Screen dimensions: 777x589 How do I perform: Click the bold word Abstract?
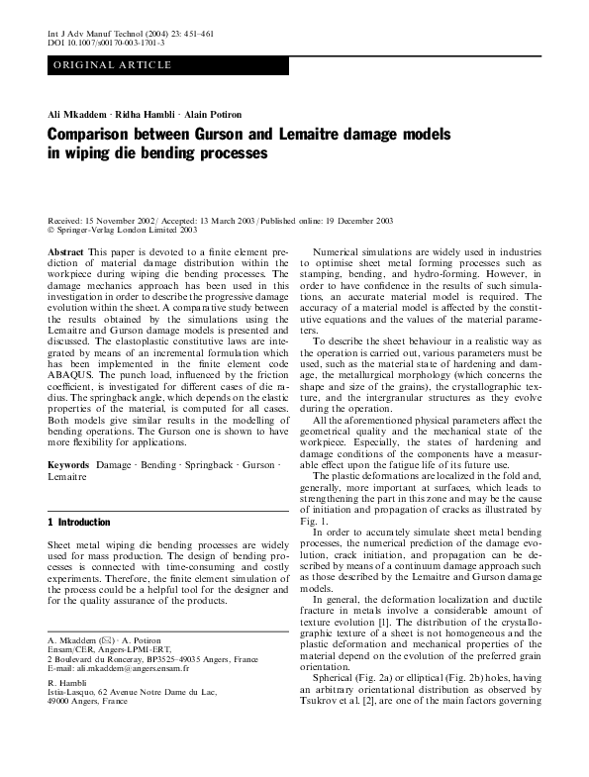coord(65,253)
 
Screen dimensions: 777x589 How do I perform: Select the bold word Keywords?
coord(69,464)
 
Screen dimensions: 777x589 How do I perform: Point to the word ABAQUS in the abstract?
coord(75,392)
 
